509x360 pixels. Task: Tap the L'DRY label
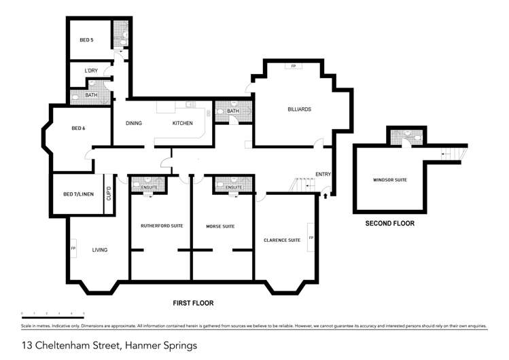[91, 71]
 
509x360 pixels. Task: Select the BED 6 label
[79, 128]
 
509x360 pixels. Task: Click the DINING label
[134, 123]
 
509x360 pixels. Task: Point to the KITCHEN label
[182, 123]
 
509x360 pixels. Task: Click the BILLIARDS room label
[298, 109]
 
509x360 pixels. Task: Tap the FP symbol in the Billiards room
[294, 66]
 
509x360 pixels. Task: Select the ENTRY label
[323, 175]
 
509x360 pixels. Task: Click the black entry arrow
[325, 196]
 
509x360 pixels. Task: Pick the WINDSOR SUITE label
[389, 180]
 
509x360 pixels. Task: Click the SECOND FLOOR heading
[389, 223]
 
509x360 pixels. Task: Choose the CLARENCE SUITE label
[282, 240]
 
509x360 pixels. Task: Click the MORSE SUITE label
[220, 226]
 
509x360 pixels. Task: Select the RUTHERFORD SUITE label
[159, 226]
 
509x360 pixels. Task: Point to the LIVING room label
[100, 250]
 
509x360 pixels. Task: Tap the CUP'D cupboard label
[108, 194]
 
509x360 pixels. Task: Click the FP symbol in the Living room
[73, 249]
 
